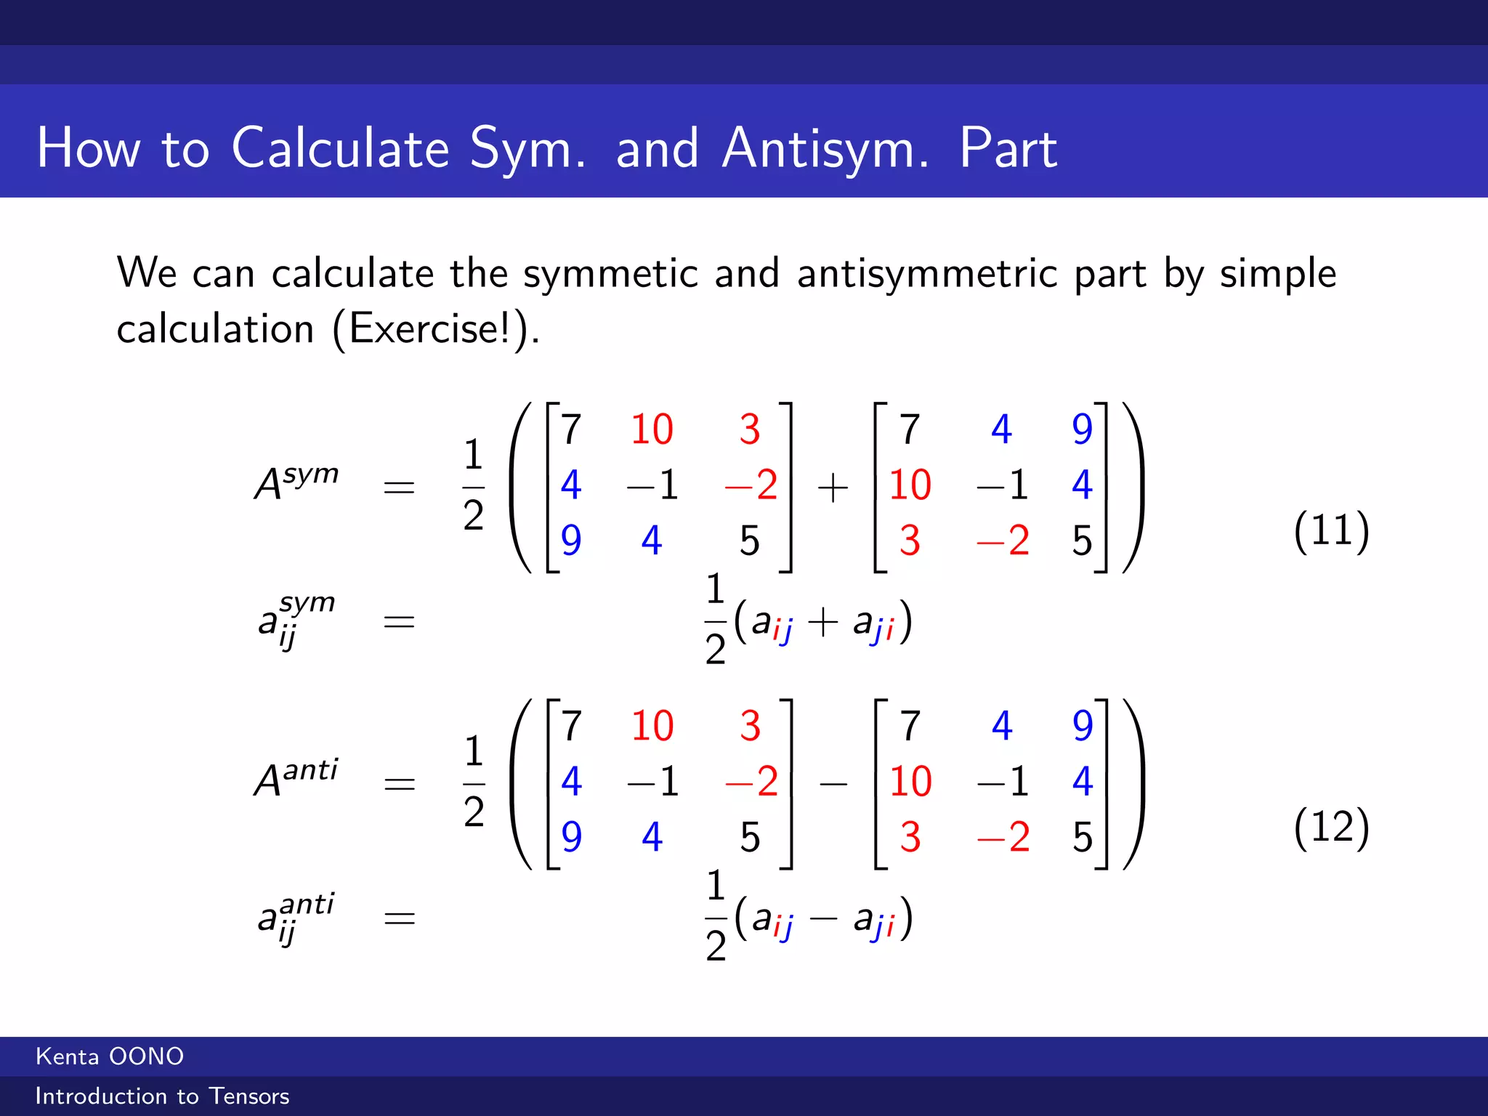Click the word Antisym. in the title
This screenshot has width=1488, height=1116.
(825, 149)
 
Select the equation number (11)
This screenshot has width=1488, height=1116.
(1331, 530)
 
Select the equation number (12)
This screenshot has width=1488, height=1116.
(1331, 827)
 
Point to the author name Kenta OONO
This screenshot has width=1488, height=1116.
(110, 1056)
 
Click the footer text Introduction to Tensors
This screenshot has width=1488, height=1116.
(162, 1096)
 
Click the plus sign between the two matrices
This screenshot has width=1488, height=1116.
(833, 488)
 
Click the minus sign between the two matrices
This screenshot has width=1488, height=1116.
(833, 784)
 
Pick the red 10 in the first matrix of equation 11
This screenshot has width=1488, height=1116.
(652, 429)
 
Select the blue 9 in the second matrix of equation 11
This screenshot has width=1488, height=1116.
(1082, 429)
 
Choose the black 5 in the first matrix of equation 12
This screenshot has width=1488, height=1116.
(750, 837)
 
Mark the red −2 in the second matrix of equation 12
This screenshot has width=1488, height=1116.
(1003, 837)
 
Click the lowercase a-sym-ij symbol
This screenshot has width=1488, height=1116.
(295, 620)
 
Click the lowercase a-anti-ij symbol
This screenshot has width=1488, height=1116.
(295, 917)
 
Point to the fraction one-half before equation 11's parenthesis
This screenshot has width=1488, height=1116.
(473, 485)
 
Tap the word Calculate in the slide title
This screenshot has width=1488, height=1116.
(341, 149)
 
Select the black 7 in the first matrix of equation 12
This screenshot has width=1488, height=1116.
(572, 726)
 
